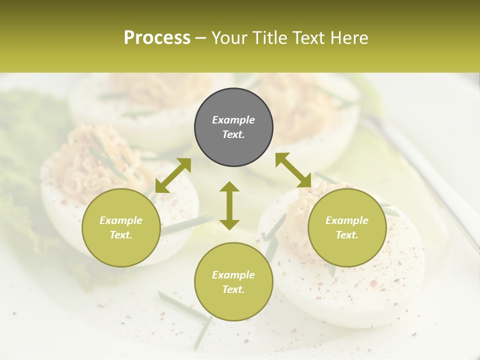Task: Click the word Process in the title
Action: (x=157, y=38)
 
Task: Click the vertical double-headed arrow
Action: (x=229, y=205)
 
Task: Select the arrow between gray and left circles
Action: (x=173, y=175)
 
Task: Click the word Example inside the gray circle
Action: (x=233, y=120)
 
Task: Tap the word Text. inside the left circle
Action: (x=121, y=235)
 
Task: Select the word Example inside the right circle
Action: (x=347, y=220)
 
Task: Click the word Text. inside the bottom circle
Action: (x=233, y=289)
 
